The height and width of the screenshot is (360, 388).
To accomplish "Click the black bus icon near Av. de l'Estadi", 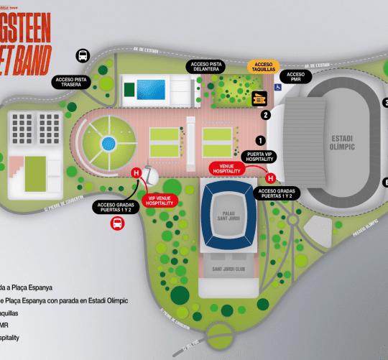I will pos(83,55).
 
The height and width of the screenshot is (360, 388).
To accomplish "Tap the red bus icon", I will pos(116,223).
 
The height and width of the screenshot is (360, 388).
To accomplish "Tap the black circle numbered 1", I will pos(261,141).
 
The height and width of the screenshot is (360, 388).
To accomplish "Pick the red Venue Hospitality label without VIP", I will pos(228,168).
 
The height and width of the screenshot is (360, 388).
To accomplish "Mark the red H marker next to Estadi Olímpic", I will pos(271,178).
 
